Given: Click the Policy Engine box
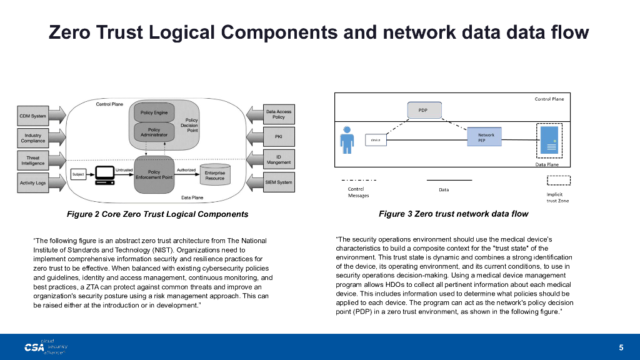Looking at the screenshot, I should coord(154,113).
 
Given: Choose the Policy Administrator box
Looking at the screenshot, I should coord(154,132).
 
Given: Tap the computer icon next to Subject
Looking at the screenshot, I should coord(104,175).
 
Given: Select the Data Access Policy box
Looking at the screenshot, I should coord(279,114).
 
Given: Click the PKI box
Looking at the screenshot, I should coord(279,136).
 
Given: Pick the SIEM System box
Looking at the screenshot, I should coord(279,182).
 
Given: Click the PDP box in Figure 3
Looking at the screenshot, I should coord(423,110).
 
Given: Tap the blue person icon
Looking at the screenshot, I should coord(347,140).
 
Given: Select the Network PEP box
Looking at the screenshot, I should coord(486,138).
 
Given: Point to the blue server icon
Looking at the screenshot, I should coord(549,140).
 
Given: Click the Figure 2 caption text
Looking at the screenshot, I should coord(157,214).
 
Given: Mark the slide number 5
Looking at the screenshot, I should coord(621,347).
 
